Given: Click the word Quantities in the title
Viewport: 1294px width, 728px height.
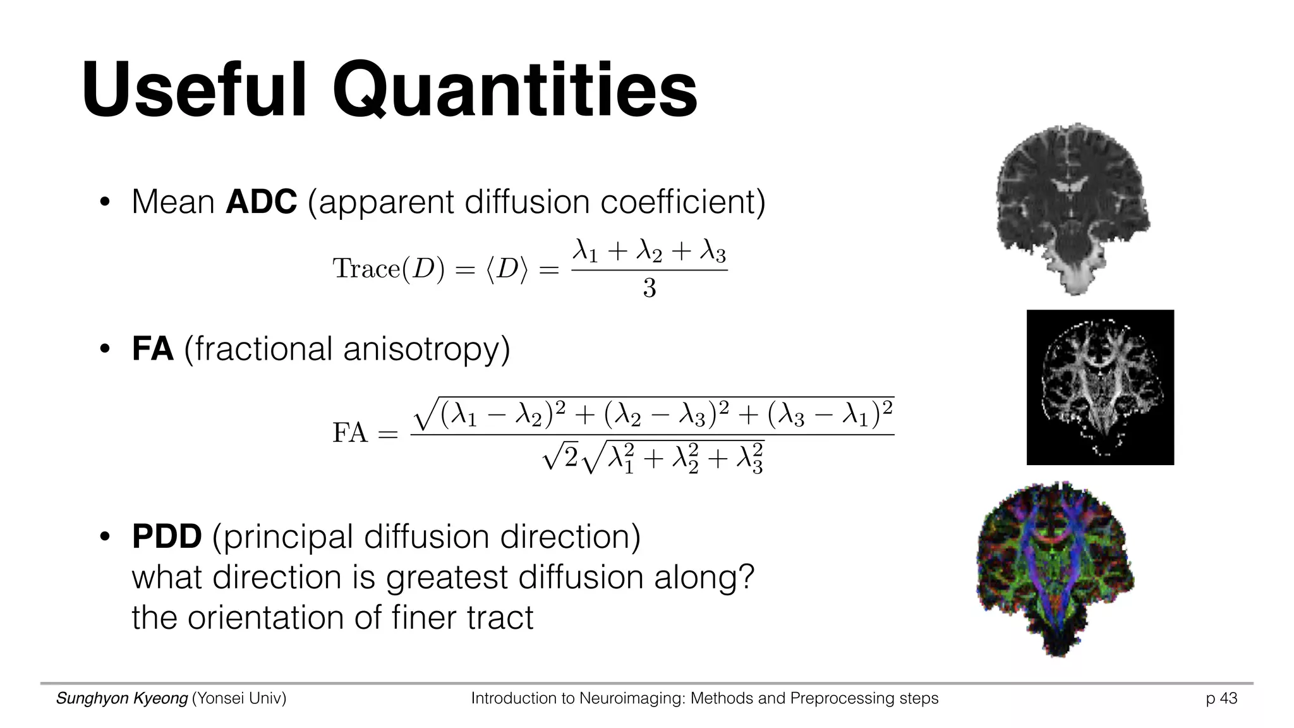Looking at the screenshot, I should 515,90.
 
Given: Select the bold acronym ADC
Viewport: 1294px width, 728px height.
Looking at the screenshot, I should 261,202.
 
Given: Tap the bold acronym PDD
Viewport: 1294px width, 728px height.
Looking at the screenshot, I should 167,537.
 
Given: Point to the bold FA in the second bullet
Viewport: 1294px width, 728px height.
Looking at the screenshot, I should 152,349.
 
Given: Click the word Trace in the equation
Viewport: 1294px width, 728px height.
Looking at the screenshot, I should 361,269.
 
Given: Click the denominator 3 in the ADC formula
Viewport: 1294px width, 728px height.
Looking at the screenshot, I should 650,289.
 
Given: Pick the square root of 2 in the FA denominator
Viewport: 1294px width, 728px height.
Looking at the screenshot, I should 561,456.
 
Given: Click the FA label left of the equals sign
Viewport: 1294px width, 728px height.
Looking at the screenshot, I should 350,434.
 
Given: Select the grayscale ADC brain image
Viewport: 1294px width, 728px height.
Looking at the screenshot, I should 1072,209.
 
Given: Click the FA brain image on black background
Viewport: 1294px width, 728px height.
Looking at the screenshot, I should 1100,387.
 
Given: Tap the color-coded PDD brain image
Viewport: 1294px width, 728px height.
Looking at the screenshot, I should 1054,569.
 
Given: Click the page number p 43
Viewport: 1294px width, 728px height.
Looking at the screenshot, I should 1221,698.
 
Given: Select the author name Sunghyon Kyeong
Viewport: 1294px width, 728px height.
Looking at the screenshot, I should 122,698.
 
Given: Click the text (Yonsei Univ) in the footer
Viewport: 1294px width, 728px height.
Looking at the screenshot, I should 239,698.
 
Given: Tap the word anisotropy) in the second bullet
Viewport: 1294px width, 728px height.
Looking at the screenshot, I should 426,349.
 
